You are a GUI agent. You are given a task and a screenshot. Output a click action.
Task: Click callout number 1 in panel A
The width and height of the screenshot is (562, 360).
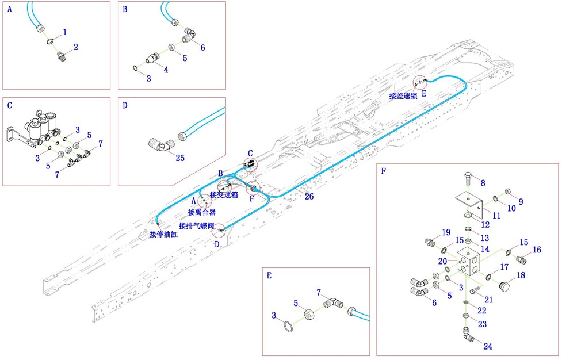coord(65,32)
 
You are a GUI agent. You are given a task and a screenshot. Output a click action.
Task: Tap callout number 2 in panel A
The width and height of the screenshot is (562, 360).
coord(75,47)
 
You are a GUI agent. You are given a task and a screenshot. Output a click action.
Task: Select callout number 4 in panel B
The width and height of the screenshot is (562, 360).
coord(166,70)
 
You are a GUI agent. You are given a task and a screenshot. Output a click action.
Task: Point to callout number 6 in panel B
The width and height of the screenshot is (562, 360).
coord(202,48)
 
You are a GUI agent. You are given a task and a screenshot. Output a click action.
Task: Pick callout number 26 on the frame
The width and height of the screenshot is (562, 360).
coord(309,196)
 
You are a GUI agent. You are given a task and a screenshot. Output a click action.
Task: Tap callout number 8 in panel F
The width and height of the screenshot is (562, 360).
coord(483,183)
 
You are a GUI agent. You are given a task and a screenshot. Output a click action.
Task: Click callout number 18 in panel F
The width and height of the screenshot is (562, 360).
coord(521,275)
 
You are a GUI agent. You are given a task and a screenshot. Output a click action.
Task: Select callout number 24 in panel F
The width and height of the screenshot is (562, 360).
coord(488,347)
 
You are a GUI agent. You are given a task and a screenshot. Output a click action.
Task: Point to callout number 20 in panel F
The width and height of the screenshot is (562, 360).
coord(442,261)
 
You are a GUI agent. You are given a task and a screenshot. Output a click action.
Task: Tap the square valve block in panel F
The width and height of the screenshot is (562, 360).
coord(469,263)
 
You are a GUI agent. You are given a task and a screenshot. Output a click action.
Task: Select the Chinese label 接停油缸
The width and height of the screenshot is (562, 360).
coord(164,234)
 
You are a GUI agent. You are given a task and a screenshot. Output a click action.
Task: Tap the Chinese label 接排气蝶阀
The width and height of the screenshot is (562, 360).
coord(197,225)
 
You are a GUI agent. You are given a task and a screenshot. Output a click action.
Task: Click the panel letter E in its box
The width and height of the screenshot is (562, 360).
coord(269,275)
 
